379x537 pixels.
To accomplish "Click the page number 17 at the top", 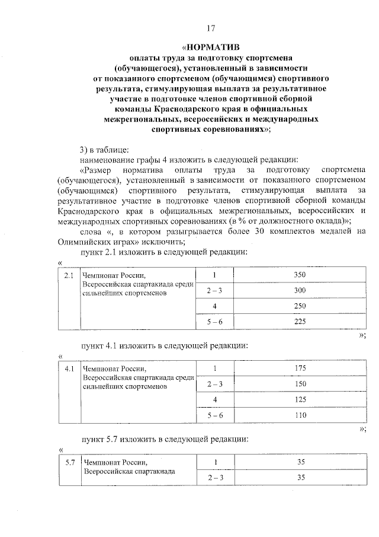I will tap(210, 28).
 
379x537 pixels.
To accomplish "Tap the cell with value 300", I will tap(300, 290).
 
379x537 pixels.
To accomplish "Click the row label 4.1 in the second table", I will tap(69, 368).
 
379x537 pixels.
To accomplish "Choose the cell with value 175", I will tap(300, 368).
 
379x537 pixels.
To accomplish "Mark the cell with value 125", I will tap(300, 400).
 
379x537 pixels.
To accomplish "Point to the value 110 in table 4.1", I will tap(300, 415).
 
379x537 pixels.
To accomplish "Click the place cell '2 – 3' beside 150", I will tap(214, 384).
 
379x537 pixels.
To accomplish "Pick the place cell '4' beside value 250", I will tap(214, 306).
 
